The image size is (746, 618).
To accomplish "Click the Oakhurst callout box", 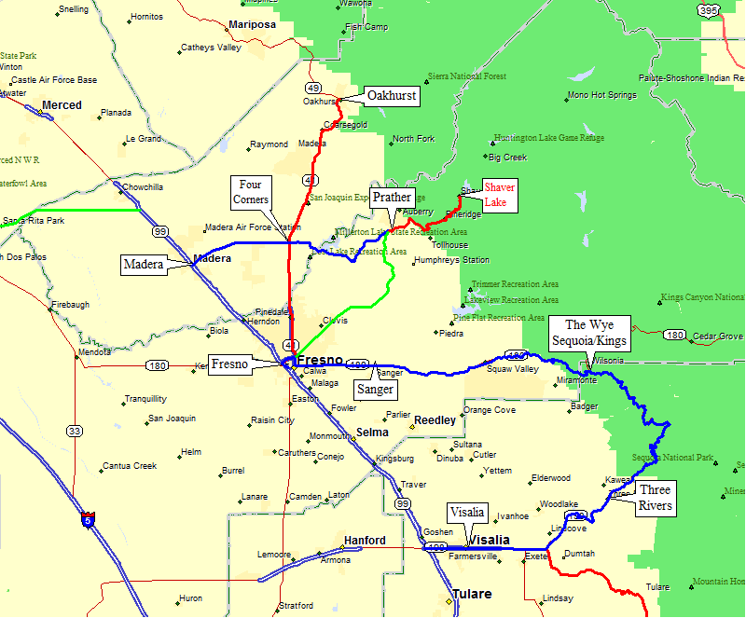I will click(x=391, y=96).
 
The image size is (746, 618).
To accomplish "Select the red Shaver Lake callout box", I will click(x=499, y=195).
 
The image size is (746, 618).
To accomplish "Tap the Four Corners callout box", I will click(x=254, y=192).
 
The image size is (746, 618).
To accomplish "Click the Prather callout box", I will click(x=392, y=198).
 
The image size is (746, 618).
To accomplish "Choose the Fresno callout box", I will click(x=229, y=364).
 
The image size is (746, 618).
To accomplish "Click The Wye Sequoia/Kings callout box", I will click(x=589, y=333).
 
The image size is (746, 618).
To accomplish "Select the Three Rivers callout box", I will click(x=655, y=497).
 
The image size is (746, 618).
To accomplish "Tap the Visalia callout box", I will click(x=466, y=512).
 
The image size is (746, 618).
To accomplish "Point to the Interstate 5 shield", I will click(x=88, y=519).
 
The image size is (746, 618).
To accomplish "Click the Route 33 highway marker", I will click(x=74, y=431).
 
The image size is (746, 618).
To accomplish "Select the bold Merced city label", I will click(x=62, y=105).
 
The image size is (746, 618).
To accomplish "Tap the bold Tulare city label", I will click(x=472, y=594).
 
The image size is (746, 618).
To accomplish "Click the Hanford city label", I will click(x=364, y=541).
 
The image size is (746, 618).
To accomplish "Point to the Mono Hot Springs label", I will click(x=601, y=95).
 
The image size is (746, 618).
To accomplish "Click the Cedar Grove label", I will click(x=718, y=336).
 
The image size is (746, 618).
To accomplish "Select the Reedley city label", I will click(x=435, y=420).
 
